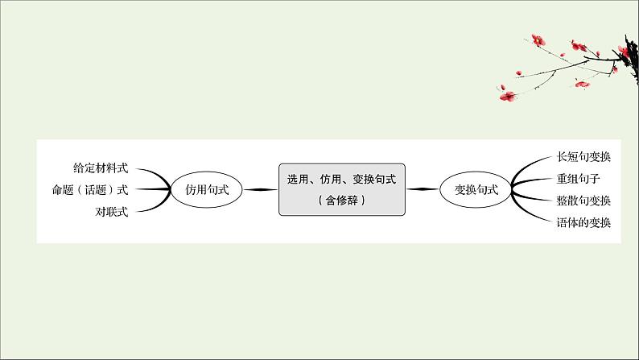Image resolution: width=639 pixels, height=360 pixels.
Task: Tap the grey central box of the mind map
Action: [342, 189]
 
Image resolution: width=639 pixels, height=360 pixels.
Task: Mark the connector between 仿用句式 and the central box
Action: [257, 190]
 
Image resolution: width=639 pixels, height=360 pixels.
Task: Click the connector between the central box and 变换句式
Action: [423, 190]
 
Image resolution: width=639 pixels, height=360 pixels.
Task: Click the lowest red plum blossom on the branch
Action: [508, 96]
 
